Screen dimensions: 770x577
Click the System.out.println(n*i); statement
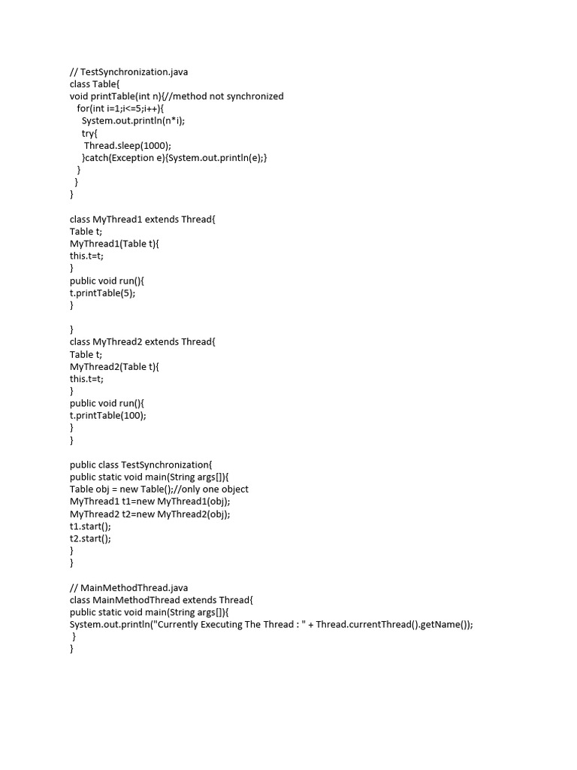[133, 120]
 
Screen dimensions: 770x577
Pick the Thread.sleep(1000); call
[128, 145]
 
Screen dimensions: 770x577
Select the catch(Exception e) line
[174, 157]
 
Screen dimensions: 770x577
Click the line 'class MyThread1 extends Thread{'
[142, 219]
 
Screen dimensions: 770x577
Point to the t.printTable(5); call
[103, 293]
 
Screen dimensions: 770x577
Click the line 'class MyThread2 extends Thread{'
[142, 341]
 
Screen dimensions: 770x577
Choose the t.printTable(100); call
[108, 415]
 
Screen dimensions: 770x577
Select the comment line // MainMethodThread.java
[129, 587]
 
